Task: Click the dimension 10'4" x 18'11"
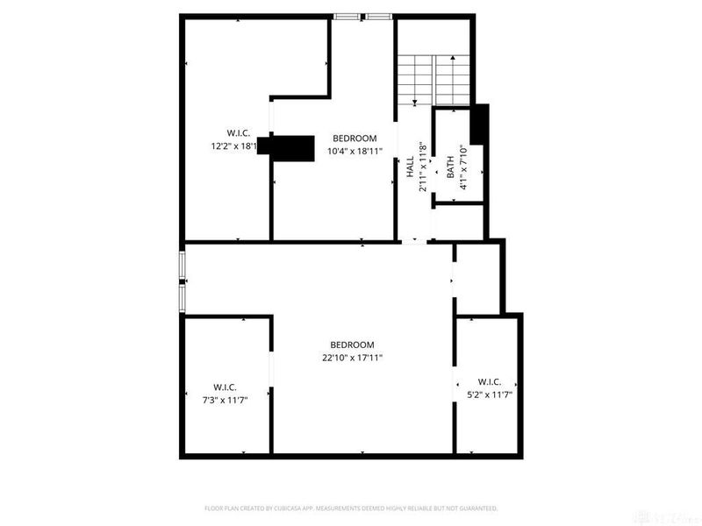[x=355, y=151]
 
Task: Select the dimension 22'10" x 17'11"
[x=352, y=357]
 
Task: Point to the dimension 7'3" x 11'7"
[x=225, y=400]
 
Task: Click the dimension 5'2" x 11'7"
[x=489, y=394]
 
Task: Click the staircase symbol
[x=433, y=80]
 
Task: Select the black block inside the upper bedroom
[x=291, y=148]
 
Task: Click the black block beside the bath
[x=479, y=124]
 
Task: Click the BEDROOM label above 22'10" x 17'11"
[x=352, y=345]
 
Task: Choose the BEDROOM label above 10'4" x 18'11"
[x=355, y=139]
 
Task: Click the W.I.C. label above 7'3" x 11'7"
[x=225, y=387]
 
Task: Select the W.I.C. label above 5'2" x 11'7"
[x=490, y=382]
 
